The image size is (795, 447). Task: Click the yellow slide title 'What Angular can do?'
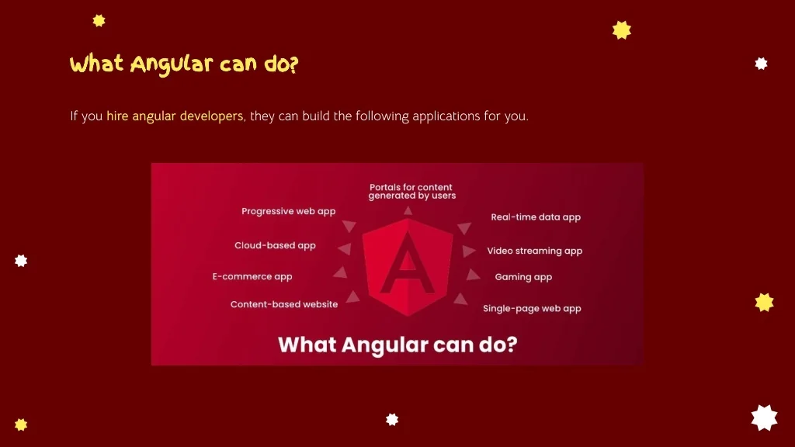[x=184, y=65]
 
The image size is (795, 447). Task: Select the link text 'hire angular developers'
[x=175, y=116]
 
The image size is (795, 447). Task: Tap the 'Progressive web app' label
[x=289, y=211]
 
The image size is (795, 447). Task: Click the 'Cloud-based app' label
[x=275, y=245]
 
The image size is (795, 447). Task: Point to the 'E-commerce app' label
[x=252, y=277]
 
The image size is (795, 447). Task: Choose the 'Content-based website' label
[x=284, y=304]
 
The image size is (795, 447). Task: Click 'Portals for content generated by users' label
[x=411, y=192]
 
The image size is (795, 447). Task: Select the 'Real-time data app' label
[x=536, y=217]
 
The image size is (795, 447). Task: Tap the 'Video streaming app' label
[x=534, y=251]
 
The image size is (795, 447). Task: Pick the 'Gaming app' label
[x=523, y=277]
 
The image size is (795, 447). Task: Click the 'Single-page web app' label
[x=532, y=309]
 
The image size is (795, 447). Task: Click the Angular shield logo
[x=408, y=268]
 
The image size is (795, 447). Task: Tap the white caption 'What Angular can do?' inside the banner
[x=397, y=345]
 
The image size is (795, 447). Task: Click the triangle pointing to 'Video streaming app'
[x=468, y=251]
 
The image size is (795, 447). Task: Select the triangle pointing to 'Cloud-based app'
[x=345, y=248]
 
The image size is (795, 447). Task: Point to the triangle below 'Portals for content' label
[x=408, y=211]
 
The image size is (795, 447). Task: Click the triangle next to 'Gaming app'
[x=473, y=275]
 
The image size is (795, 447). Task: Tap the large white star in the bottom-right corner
[x=764, y=418]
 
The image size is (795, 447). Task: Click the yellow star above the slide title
[x=99, y=21]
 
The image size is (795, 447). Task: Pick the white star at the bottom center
[x=392, y=420]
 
